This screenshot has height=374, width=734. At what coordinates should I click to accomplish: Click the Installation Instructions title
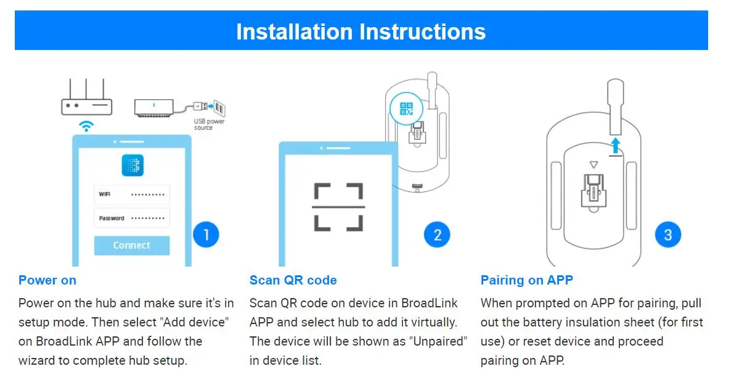(x=361, y=31)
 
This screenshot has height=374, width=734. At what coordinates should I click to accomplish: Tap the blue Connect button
(x=131, y=245)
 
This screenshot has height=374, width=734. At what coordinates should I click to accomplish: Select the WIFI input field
(x=131, y=194)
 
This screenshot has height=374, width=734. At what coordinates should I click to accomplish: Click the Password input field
(x=131, y=218)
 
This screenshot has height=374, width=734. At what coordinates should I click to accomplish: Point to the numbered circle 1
(x=206, y=235)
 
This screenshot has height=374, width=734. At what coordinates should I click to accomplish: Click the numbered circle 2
(x=437, y=235)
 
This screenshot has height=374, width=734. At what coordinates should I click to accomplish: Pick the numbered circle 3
(x=668, y=235)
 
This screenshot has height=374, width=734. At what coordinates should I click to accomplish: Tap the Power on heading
(x=47, y=280)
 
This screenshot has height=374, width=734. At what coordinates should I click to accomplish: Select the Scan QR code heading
(x=293, y=280)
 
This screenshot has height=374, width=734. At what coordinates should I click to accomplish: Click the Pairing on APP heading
(x=526, y=280)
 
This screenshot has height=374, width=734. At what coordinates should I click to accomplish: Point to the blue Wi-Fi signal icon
(x=87, y=127)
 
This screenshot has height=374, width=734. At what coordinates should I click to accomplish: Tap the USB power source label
(x=209, y=124)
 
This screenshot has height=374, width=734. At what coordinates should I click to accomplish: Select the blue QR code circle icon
(x=406, y=109)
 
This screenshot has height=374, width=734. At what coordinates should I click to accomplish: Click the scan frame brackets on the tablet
(x=338, y=206)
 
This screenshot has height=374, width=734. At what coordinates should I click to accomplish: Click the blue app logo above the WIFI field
(x=131, y=164)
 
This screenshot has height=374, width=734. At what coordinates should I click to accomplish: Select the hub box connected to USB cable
(x=155, y=107)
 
